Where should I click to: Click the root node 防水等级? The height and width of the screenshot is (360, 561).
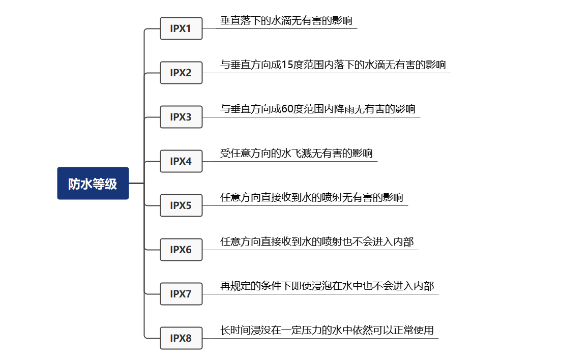click(93, 184)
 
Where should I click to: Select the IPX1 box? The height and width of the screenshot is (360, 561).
click(181, 28)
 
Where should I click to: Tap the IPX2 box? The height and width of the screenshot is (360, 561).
click(181, 73)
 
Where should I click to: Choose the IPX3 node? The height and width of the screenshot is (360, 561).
click(181, 117)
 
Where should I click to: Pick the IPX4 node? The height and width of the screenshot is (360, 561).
click(181, 161)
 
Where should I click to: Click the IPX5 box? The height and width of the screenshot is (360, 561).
click(181, 205)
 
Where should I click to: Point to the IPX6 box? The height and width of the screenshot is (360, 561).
click(181, 250)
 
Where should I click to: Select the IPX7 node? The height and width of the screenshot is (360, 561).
click(181, 294)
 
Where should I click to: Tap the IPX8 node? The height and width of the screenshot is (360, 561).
click(181, 338)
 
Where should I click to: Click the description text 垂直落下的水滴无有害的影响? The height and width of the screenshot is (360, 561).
click(286, 21)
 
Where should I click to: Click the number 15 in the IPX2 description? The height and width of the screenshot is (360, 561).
click(287, 65)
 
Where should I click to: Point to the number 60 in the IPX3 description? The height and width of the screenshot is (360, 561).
click(287, 109)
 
